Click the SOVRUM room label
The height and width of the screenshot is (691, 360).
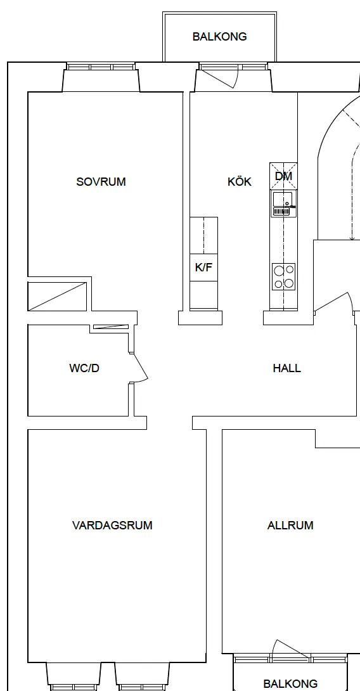coord(101,181)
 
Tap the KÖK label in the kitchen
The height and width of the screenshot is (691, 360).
coord(240,181)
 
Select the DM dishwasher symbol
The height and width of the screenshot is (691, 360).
coord(283,176)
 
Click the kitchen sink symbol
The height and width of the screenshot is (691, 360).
coord(283,204)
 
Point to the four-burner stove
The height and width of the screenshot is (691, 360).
coord(283,276)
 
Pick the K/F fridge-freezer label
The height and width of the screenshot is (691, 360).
coord(203,267)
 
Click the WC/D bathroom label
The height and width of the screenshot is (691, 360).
coord(84,368)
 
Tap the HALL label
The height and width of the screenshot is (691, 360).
coord(287,368)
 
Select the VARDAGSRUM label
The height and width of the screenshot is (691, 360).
coord(112,526)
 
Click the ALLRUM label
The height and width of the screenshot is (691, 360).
coord(290,526)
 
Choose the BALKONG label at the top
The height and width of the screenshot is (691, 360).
coord(219,37)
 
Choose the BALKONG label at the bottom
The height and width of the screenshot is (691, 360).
coord(290,683)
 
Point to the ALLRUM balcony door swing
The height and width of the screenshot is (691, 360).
coord(291,649)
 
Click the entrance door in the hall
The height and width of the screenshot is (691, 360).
coord(333,302)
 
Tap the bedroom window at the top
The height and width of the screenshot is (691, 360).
coord(101,67)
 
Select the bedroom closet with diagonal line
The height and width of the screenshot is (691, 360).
coord(57,296)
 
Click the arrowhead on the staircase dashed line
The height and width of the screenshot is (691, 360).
coord(352,238)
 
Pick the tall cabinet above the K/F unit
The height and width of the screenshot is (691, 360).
coord(203,235)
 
